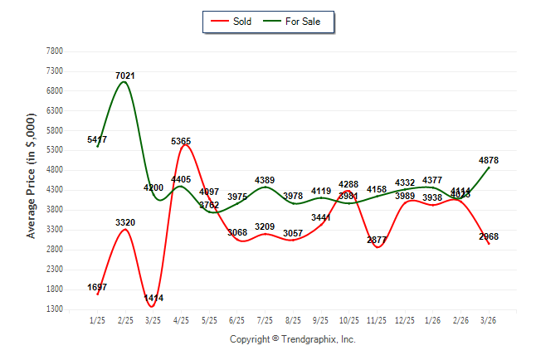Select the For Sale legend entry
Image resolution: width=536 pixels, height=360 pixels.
click(x=296, y=22)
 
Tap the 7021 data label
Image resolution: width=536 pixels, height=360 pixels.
click(x=125, y=76)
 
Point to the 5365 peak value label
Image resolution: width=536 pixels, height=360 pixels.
click(x=183, y=142)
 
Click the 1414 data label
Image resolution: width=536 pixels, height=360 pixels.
click(x=153, y=298)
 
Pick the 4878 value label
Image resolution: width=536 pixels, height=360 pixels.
click(x=489, y=160)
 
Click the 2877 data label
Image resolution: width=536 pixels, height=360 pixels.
click(x=377, y=241)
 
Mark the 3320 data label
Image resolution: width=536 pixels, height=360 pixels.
click(x=125, y=222)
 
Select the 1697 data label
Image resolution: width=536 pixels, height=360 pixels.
click(x=97, y=287)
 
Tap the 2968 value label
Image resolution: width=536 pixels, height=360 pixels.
click(x=489, y=237)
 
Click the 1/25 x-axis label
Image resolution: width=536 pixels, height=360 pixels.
click(x=97, y=320)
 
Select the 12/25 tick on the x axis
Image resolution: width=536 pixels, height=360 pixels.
click(x=405, y=320)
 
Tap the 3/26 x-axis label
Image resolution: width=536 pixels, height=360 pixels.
click(x=489, y=320)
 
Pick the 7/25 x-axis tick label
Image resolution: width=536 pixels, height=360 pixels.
click(x=265, y=320)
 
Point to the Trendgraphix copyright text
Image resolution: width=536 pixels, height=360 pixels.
click(x=292, y=340)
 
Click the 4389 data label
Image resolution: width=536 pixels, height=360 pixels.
click(x=265, y=180)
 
